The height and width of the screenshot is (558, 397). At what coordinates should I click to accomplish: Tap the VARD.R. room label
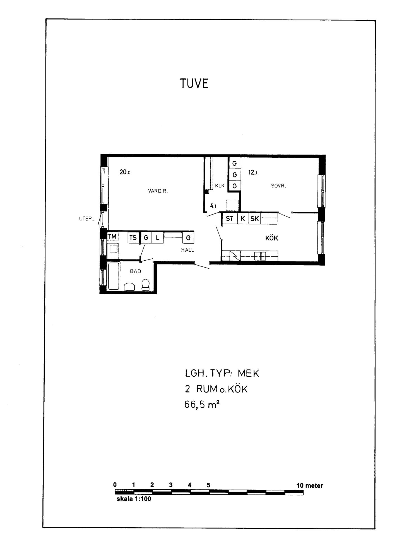(x=158, y=191)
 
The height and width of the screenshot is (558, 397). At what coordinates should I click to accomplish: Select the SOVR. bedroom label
(x=279, y=186)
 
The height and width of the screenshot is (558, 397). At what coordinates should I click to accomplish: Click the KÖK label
(x=272, y=238)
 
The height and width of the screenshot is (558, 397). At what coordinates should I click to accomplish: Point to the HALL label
(x=187, y=250)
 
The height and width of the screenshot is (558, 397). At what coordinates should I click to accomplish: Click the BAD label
(x=136, y=271)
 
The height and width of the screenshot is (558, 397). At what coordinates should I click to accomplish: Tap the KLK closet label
(x=220, y=186)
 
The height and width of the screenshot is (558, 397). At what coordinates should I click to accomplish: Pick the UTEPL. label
(x=87, y=219)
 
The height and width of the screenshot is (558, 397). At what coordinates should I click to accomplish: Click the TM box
(x=113, y=237)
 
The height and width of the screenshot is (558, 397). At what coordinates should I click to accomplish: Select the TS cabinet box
(x=133, y=238)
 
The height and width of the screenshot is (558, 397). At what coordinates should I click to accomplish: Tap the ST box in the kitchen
(x=229, y=218)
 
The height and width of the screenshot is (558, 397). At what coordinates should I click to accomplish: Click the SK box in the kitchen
(x=254, y=218)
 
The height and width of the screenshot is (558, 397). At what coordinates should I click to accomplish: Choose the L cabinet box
(x=158, y=238)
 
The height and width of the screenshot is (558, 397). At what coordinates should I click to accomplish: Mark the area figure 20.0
(x=125, y=172)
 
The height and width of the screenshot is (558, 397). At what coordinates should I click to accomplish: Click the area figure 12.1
(x=253, y=173)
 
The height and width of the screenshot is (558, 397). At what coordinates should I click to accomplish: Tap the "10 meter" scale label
(x=310, y=486)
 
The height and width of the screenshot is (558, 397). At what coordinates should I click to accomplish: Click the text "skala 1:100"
(x=134, y=499)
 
